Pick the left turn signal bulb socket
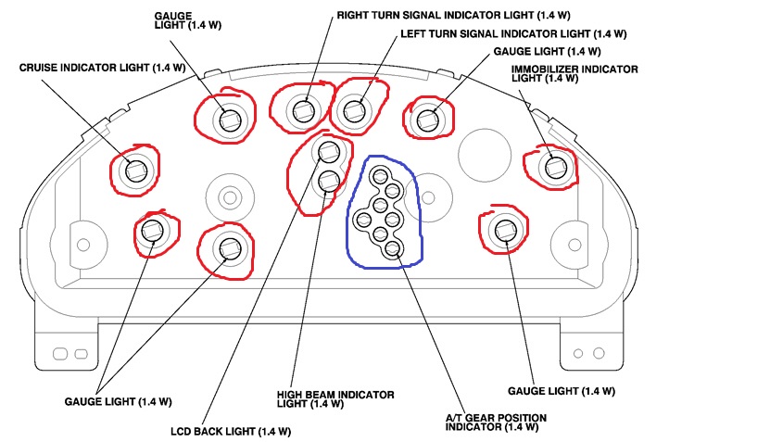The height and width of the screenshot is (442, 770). pos(353,110)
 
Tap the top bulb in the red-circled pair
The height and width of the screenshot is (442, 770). pos(327,152)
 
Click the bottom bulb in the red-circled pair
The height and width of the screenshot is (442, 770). pos(328,181)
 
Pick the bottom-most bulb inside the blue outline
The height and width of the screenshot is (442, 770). pos(393,248)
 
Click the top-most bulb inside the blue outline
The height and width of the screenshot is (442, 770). pos(380,173)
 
